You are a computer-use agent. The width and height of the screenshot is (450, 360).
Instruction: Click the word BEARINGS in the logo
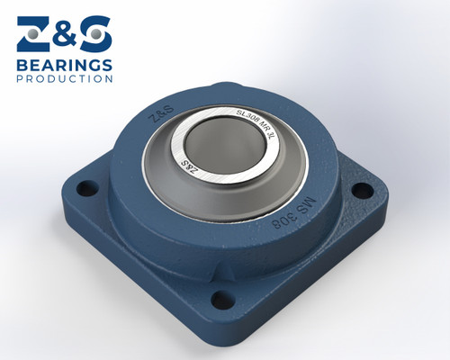(64, 65)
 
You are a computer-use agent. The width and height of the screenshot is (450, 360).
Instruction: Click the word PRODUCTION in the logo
(64, 79)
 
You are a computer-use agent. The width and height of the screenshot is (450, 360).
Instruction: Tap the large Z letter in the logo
(34, 33)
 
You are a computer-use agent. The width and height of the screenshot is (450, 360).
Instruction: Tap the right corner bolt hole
(362, 191)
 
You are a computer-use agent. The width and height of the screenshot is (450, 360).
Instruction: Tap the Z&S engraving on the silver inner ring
(191, 164)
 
